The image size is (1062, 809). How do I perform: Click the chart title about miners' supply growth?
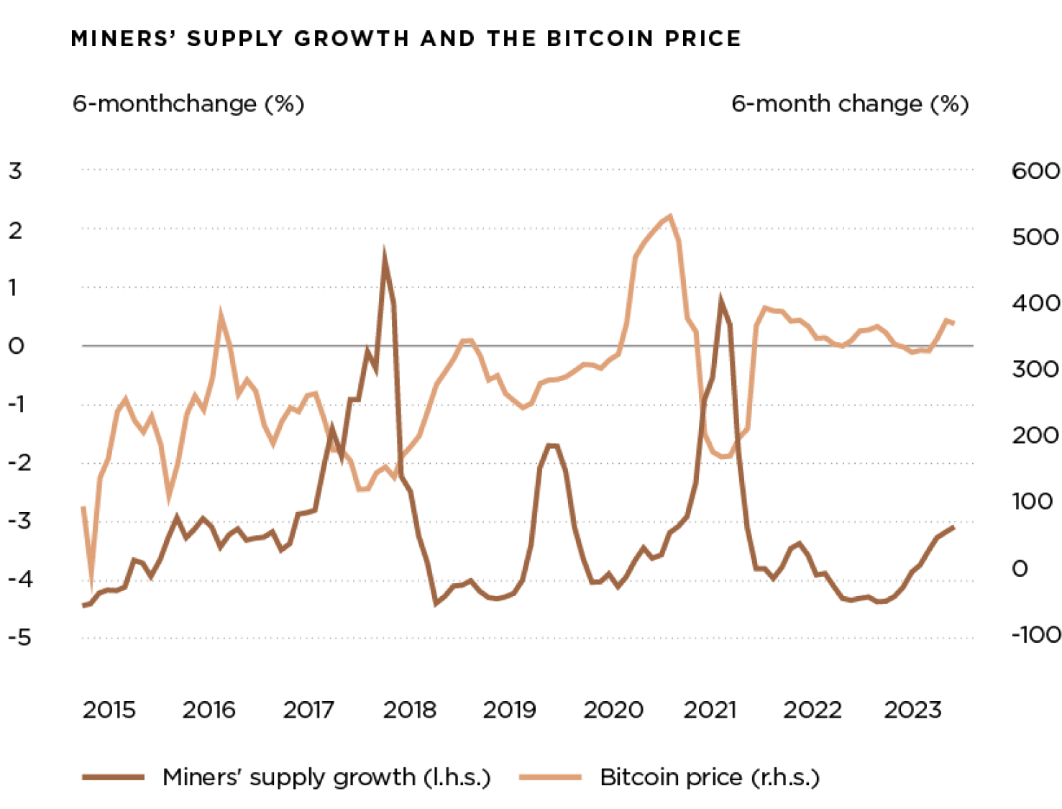pos(406,38)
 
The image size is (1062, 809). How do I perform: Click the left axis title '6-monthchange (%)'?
pos(188,104)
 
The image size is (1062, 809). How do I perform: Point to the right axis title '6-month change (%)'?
pos(850,104)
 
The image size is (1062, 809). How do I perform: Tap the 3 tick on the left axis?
pos(16,171)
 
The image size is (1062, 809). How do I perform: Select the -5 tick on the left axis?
pos(20,637)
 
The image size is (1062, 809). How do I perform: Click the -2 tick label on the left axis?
pos(20,462)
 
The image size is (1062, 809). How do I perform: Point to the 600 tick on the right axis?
pos(1035,171)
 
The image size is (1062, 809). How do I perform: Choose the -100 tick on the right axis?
pos(1035,634)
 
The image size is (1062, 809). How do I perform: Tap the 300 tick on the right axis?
pos(1035,370)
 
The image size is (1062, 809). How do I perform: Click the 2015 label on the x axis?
pos(109,710)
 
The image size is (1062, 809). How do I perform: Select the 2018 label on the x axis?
pos(410,710)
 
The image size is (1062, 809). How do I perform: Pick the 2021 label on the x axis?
pos(710,710)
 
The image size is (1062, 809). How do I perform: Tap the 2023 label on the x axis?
pos(912,710)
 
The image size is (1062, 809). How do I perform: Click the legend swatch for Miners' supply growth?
pos(114,777)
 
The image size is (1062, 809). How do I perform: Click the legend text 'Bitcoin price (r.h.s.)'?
pos(710,777)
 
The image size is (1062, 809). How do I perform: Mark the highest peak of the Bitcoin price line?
pos(670,216)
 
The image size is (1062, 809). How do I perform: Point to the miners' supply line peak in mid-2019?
pos(552,446)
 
